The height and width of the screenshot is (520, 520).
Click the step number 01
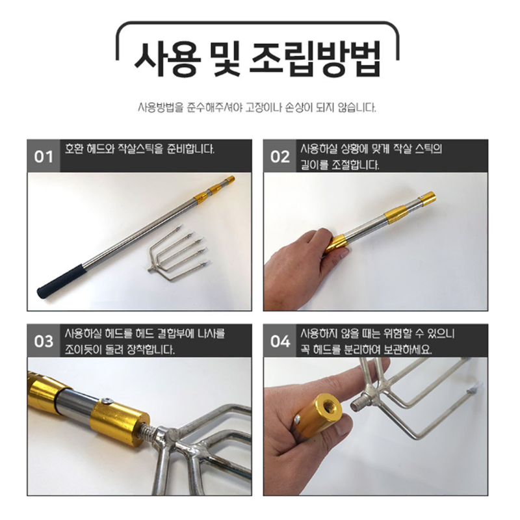pos(44,157)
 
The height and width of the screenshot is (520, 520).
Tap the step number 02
pos(280,157)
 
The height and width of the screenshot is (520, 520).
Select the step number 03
pos(44,341)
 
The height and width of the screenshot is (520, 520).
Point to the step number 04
pos(280,341)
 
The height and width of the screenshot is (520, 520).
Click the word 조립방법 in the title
pos(315,60)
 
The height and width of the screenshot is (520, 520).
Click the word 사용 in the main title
pos(168,60)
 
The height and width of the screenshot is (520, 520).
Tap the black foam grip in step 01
pos(62,281)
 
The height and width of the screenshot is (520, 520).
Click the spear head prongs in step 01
pos(178,252)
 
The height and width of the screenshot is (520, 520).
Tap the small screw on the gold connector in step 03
pos(107,402)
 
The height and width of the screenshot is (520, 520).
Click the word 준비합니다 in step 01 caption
pos(190,149)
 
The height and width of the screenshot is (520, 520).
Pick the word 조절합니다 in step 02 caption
pos(355,165)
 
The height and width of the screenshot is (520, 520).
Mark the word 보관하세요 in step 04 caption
pos(408,350)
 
